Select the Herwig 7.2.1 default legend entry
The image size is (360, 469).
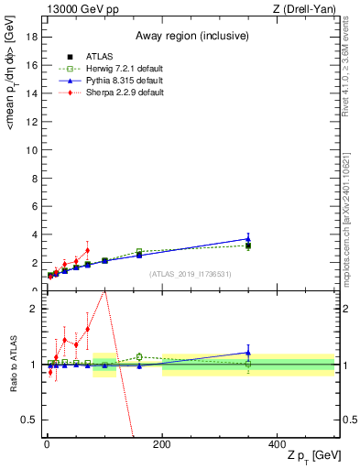coord(108,68)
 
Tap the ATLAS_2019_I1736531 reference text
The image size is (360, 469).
coord(189,274)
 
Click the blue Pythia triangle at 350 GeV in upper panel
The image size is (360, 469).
coord(248,239)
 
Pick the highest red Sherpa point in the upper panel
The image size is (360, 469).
coord(87,250)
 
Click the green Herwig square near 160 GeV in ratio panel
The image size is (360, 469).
coord(139,356)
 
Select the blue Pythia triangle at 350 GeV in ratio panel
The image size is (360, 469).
coord(248,352)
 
